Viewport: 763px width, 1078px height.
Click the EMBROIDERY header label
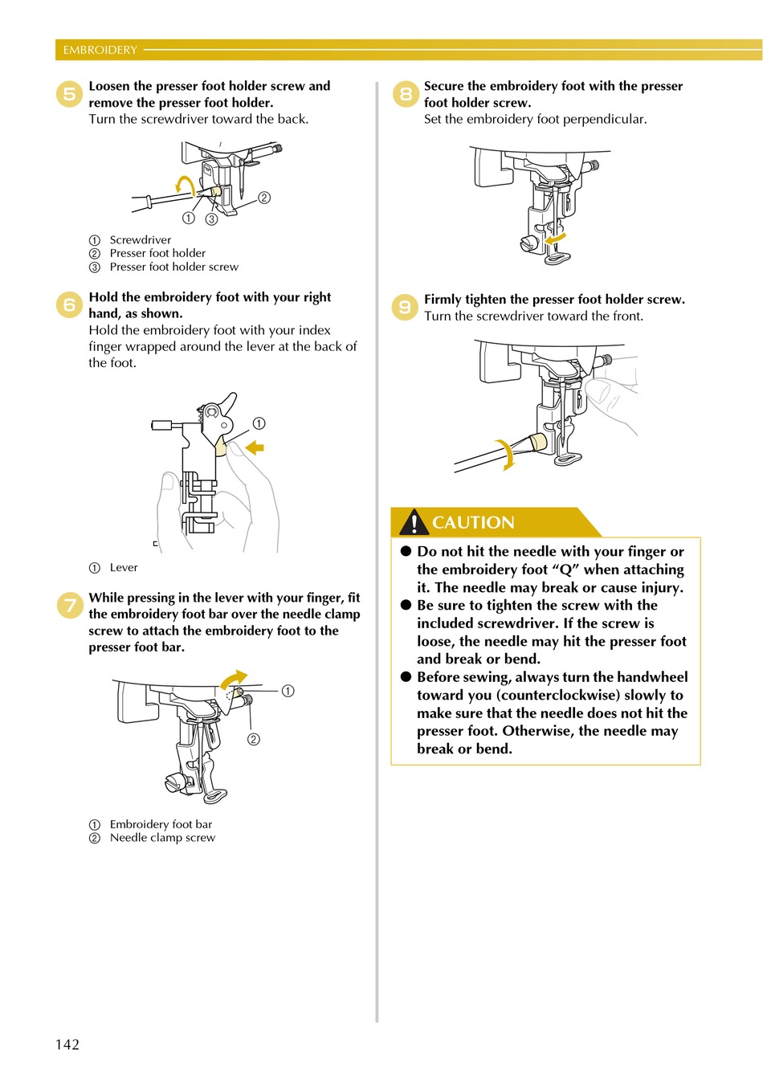click(100, 50)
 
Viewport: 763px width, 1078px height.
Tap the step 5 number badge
click(70, 95)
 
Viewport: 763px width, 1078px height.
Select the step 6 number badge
click(70, 305)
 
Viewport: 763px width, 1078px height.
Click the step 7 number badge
click(70, 606)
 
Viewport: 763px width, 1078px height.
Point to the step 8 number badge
click(406, 94)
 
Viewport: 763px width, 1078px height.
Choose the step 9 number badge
click(405, 307)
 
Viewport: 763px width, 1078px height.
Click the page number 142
click(67, 1044)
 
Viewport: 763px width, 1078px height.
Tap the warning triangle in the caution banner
click(414, 523)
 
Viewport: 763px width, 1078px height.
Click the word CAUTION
click(473, 523)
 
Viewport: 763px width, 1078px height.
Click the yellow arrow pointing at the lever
click(255, 447)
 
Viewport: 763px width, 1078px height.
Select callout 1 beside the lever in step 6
click(259, 423)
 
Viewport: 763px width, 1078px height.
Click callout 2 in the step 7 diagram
click(254, 739)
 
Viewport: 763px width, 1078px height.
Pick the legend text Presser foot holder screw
click(173, 267)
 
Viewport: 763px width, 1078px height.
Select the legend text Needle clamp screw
click(162, 838)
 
